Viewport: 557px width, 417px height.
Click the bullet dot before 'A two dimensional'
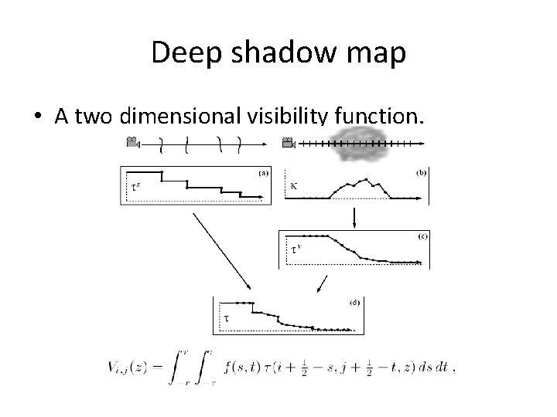(x=37, y=117)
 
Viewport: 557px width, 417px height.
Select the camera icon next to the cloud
(x=289, y=142)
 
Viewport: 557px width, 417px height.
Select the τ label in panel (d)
(x=226, y=317)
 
